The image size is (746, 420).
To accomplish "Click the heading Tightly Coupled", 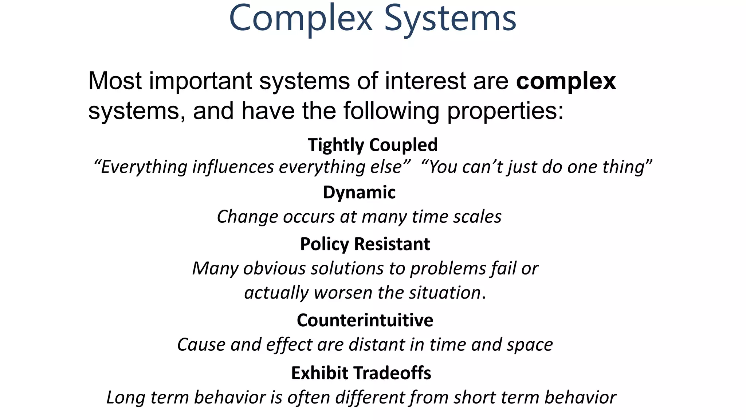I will (373, 145).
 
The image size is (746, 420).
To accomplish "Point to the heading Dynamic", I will (359, 192).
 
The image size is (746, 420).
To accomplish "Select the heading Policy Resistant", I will (365, 244).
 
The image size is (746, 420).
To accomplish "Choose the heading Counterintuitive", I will (365, 320).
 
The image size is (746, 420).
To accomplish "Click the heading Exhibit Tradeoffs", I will (361, 373).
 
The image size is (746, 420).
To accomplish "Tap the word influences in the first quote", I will (233, 167).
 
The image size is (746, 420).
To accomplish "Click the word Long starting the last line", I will (126, 397).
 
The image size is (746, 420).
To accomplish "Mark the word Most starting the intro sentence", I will (115, 81).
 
